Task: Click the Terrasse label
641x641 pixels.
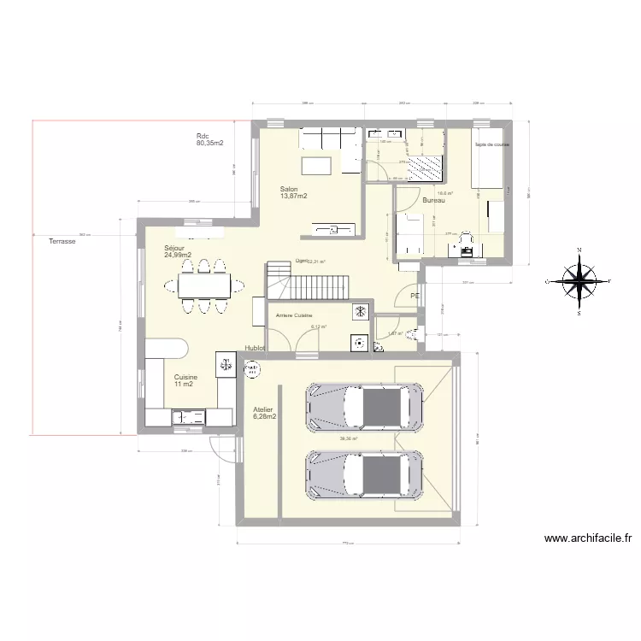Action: coord(62,242)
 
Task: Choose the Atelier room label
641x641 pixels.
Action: coord(263,413)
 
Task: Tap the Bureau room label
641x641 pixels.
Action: coord(433,200)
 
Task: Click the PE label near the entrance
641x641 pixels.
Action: coord(415,296)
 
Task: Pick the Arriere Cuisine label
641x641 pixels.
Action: coord(293,316)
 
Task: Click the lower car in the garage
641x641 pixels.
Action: coord(366,475)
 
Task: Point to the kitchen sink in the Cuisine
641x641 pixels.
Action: coord(188,416)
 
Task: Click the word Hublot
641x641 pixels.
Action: coord(254,349)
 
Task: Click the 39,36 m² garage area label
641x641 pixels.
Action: coord(348,439)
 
